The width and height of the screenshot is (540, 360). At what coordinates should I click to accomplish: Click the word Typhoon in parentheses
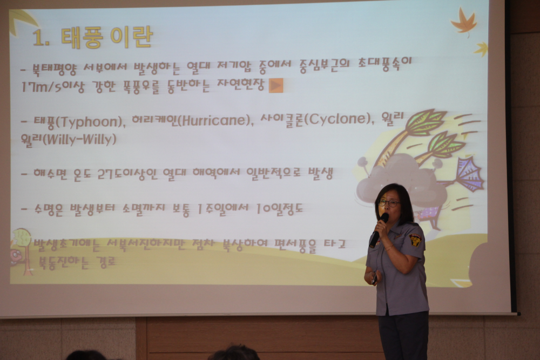coord(91,123)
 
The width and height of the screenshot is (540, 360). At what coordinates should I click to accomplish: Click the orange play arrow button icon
coord(276,85)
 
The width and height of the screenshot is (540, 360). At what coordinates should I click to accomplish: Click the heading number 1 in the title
coord(39,38)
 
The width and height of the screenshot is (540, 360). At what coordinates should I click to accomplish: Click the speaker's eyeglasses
coord(389,203)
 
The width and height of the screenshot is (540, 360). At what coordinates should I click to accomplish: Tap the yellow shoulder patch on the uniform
coord(415,240)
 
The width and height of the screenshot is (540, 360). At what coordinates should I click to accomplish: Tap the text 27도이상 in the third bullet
coord(124,174)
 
